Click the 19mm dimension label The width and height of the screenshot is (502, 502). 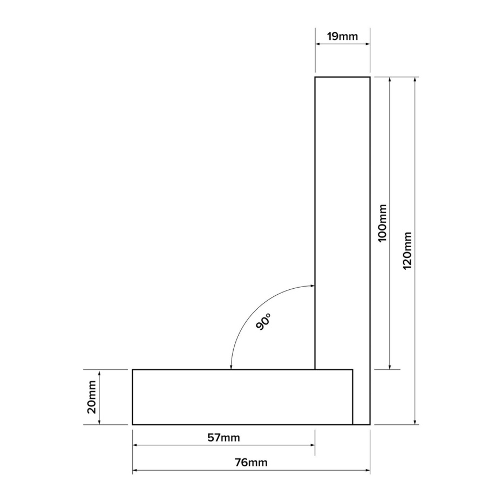tap(342, 36)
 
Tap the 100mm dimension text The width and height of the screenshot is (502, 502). tap(382, 223)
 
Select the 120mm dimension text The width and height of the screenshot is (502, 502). tap(407, 250)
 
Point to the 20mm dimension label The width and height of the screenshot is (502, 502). tap(92, 397)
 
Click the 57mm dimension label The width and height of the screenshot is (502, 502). tap(223, 437)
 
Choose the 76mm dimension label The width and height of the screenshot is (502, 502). tap(251, 462)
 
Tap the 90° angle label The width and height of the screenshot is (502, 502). tap(263, 322)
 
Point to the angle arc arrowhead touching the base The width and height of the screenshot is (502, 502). tap(231, 367)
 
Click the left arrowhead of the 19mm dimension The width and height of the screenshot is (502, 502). tap(317, 44)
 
